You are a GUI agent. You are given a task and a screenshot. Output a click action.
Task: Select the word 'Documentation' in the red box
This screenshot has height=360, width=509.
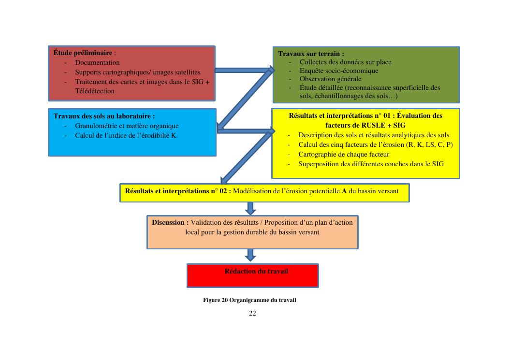pyautogui.click(x=97, y=62)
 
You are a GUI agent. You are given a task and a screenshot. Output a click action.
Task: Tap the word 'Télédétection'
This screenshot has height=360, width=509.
pyautogui.click(x=95, y=91)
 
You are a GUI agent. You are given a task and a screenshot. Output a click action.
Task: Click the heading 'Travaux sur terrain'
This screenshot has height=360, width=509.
pyautogui.click(x=311, y=54)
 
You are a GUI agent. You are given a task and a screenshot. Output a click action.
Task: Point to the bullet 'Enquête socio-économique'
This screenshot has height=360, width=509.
pyautogui.click(x=339, y=71)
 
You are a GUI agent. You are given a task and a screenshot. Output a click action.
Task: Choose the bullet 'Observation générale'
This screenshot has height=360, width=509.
pyautogui.click(x=330, y=79)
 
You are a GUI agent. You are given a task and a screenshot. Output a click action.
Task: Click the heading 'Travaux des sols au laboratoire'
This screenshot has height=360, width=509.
pyautogui.click(x=104, y=116)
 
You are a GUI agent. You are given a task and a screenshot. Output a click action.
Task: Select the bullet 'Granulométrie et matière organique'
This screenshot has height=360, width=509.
pyautogui.click(x=127, y=126)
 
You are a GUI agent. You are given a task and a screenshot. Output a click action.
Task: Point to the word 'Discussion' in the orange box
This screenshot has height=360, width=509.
pyautogui.click(x=170, y=222)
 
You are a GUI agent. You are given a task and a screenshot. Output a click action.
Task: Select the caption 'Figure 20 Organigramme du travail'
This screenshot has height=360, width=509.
pyautogui.click(x=249, y=300)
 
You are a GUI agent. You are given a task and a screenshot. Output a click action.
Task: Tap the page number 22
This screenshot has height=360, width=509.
pyautogui.click(x=252, y=314)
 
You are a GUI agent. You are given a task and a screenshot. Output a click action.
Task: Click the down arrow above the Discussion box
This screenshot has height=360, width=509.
pyautogui.click(x=250, y=208)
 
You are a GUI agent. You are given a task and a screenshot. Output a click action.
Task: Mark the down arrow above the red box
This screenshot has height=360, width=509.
pyautogui.click(x=250, y=255)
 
